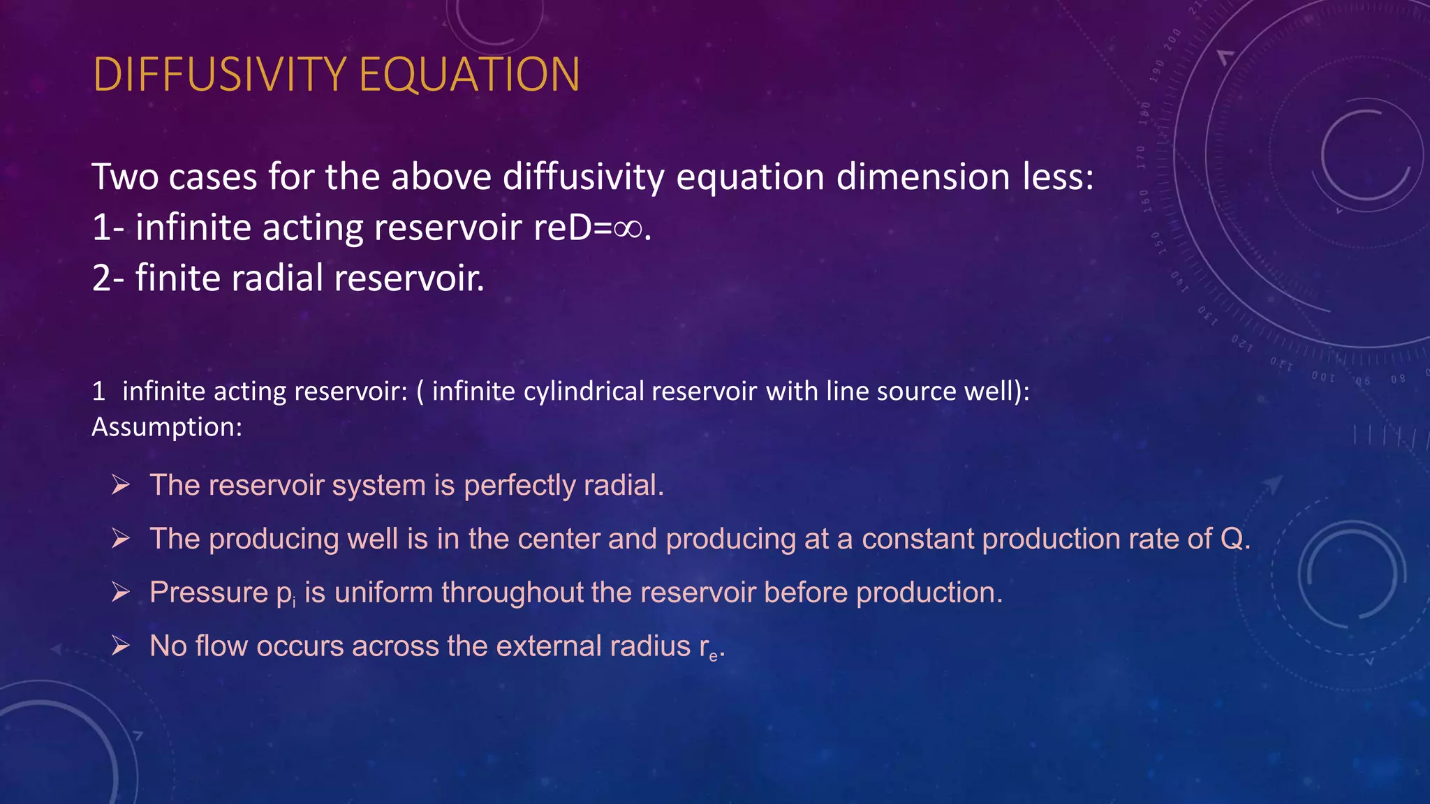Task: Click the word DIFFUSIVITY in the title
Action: point(219,74)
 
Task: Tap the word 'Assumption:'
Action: point(167,427)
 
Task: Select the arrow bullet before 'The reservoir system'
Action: point(121,484)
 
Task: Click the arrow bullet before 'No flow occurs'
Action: point(121,646)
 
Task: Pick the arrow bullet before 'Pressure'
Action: point(121,592)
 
